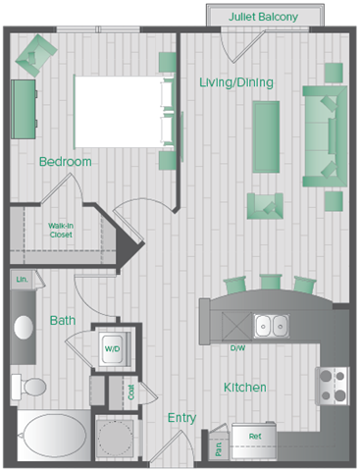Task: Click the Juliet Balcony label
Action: click(264, 17)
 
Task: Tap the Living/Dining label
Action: click(234, 81)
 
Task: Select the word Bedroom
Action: click(66, 161)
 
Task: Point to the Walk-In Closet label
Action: click(61, 231)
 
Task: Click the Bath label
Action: click(63, 320)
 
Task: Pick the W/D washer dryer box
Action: click(113, 348)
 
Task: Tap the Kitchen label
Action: click(244, 388)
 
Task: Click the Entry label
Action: click(181, 418)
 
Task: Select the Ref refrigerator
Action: click(254, 436)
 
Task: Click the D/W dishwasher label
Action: click(237, 348)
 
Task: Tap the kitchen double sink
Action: click(271, 325)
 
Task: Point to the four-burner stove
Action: click(333, 385)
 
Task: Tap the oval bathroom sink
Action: click(25, 328)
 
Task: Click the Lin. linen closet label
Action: click(22, 281)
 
